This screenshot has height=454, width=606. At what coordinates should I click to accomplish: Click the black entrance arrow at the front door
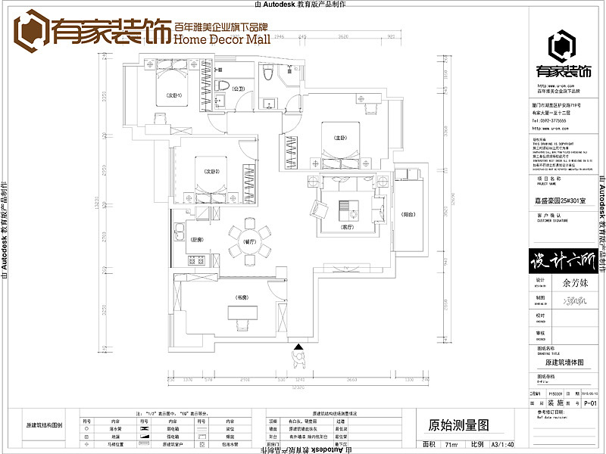[299, 349]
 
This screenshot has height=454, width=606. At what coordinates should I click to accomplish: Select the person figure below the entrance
[299, 361]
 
